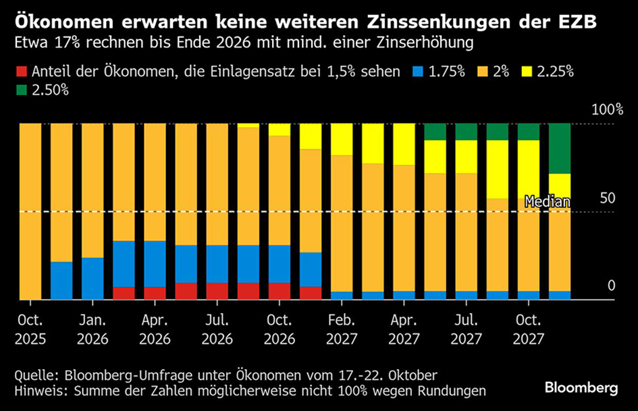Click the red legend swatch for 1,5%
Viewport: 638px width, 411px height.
coord(20,72)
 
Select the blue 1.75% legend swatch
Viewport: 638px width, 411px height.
coord(418,72)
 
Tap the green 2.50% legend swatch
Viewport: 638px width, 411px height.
coord(20,90)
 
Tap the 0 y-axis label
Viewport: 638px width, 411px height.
coord(611,286)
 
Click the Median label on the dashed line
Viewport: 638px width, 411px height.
coord(548,202)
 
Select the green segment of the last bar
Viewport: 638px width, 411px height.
coord(560,148)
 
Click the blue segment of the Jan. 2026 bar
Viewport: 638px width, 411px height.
coord(92,278)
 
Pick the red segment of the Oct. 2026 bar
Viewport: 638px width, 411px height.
coord(280,291)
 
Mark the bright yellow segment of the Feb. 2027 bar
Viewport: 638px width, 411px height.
coord(342,140)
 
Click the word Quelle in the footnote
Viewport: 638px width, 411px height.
coord(35,375)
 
